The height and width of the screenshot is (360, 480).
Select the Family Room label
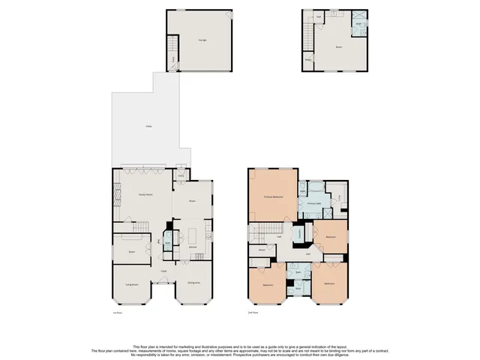pos(145,194)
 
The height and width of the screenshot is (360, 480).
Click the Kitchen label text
pos(192,247)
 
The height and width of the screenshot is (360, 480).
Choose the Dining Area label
pos(193,283)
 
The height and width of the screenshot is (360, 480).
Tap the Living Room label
pos(132,285)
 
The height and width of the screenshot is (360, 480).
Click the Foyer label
pos(163,271)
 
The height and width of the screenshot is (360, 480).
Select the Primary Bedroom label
pos(272,196)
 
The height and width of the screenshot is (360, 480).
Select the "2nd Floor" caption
pos(253,311)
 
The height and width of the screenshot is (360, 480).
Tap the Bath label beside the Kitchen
pos(166,241)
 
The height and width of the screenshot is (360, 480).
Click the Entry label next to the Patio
pos(181,177)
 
